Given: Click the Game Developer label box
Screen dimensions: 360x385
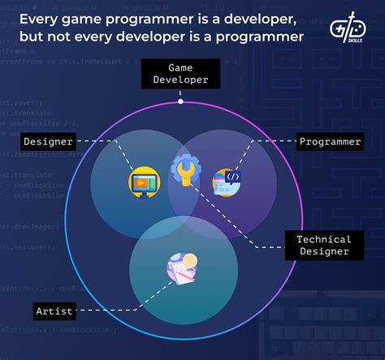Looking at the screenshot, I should click(180, 75).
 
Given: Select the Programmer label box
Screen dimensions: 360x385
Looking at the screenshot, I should click(330, 142).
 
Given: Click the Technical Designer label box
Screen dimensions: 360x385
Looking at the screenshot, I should click(324, 245).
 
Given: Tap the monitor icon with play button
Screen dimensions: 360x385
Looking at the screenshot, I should click(145, 181).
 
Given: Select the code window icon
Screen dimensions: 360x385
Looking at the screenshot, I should click(227, 181).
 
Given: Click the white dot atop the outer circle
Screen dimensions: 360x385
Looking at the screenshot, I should click(180, 102).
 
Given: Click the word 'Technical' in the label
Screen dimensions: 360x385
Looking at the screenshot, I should click(324, 239).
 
